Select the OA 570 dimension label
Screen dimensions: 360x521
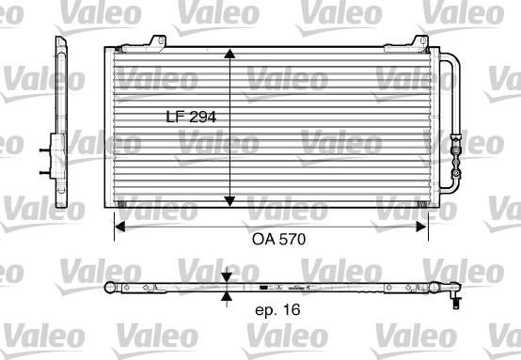click(279, 239)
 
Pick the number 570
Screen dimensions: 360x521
click(293, 239)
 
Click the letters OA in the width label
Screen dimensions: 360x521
click(263, 239)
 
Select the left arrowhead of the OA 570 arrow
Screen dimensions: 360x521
click(119, 224)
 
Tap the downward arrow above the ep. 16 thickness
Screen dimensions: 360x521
click(226, 278)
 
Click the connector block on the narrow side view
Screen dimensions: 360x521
click(46, 158)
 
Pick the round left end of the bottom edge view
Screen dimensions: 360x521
click(110, 287)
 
